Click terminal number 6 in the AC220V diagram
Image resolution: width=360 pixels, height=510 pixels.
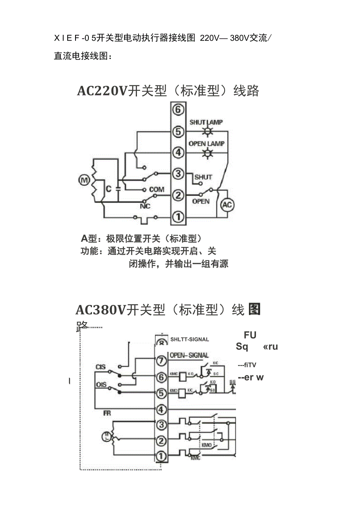tap(178, 110)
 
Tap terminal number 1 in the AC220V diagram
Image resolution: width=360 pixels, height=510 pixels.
tap(178, 216)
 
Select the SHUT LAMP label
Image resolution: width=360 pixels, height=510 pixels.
tap(206, 122)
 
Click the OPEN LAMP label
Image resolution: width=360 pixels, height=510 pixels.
tap(206, 144)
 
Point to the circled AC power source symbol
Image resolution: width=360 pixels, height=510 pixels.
tap(227, 205)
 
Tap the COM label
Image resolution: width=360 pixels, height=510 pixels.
tap(157, 189)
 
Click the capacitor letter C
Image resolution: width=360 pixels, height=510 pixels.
tap(109, 189)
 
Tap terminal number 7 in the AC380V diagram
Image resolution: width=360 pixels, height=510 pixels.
tap(161, 361)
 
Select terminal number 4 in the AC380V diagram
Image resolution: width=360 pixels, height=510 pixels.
tap(161, 410)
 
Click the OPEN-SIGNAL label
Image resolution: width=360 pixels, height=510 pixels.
tap(189, 355)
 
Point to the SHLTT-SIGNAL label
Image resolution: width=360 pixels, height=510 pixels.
tap(190, 339)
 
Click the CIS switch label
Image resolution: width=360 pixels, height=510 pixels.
tap(101, 367)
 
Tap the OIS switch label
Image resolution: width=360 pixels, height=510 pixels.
tap(101, 385)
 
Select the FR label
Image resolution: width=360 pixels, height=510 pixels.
tap(107, 413)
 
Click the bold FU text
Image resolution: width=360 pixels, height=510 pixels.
tap(250, 335)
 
